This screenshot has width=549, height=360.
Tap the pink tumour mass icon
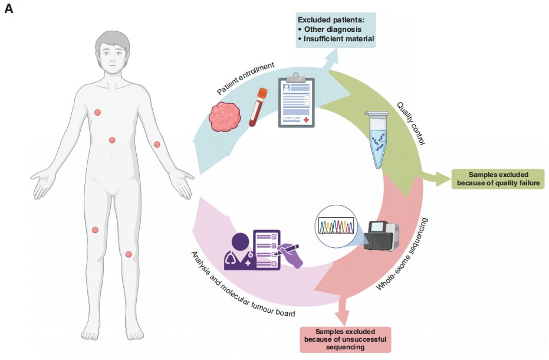click(225, 117)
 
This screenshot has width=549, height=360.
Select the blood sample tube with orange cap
click(258, 107)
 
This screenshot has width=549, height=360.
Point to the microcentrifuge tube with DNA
click(377, 139)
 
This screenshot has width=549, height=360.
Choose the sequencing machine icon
click(381, 235)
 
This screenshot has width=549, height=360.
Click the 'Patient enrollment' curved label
click(245, 78)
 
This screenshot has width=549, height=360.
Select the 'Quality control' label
click(410, 123)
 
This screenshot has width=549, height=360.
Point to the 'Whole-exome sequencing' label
click(402, 254)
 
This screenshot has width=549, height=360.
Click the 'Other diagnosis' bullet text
click(330, 30)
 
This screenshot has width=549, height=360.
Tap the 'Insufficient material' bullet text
click(336, 39)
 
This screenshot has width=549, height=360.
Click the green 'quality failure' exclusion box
click(498, 179)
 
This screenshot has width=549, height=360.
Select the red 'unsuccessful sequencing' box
click(345, 339)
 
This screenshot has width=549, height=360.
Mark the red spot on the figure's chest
click(98, 112)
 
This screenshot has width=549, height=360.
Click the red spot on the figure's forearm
click(157, 144)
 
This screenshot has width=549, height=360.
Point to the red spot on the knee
click(129, 254)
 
